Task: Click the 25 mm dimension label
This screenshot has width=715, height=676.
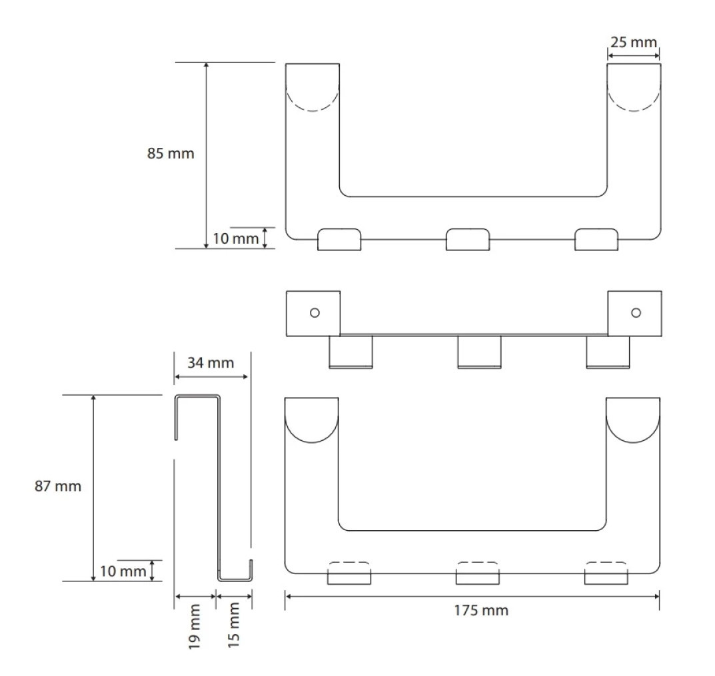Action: click(x=634, y=43)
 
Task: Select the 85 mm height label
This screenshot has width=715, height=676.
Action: click(x=171, y=153)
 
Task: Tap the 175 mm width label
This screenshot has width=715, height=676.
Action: click(x=481, y=610)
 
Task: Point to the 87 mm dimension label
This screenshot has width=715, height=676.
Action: click(x=58, y=486)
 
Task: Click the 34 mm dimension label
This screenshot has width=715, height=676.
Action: click(x=210, y=363)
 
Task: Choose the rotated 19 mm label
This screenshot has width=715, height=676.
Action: click(x=195, y=626)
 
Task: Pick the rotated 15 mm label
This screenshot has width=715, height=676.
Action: click(x=233, y=625)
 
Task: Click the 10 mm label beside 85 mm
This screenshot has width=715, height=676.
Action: click(x=236, y=238)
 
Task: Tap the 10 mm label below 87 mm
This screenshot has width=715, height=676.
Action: click(x=123, y=571)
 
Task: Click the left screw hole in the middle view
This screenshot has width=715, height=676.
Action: click(x=315, y=313)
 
